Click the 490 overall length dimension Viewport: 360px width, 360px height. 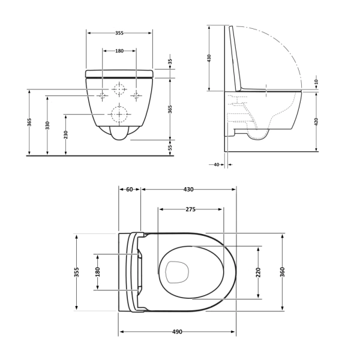[x=177, y=332]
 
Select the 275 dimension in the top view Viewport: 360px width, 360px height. [x=190, y=209]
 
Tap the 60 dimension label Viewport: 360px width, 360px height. [x=130, y=189]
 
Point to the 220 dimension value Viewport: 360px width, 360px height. [x=258, y=272]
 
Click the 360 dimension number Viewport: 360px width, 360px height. [x=283, y=272]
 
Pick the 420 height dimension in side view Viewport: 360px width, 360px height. [x=316, y=121]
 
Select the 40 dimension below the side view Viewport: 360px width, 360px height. [x=216, y=164]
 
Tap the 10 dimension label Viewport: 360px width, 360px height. [x=316, y=82]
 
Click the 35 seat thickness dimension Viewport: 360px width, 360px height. [x=170, y=62]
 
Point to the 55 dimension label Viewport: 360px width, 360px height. [x=170, y=147]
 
